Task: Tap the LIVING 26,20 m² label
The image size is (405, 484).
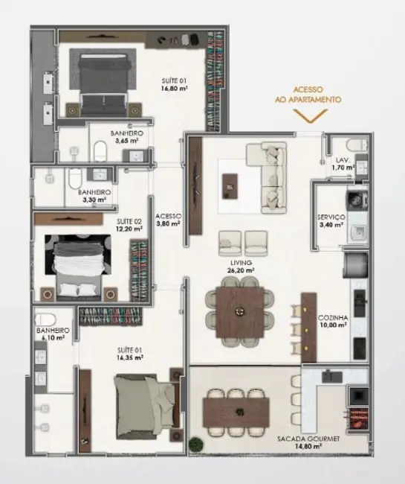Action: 241,267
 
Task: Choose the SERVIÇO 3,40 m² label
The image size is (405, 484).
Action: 331,220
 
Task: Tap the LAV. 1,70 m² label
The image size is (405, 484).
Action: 342,164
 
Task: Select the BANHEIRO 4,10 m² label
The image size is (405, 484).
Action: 53,334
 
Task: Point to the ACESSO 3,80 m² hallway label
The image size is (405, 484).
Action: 169,220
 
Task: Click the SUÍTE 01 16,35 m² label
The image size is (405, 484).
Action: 129,353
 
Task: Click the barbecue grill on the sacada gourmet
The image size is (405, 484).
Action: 358,421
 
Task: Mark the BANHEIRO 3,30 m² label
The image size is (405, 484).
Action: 94,195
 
